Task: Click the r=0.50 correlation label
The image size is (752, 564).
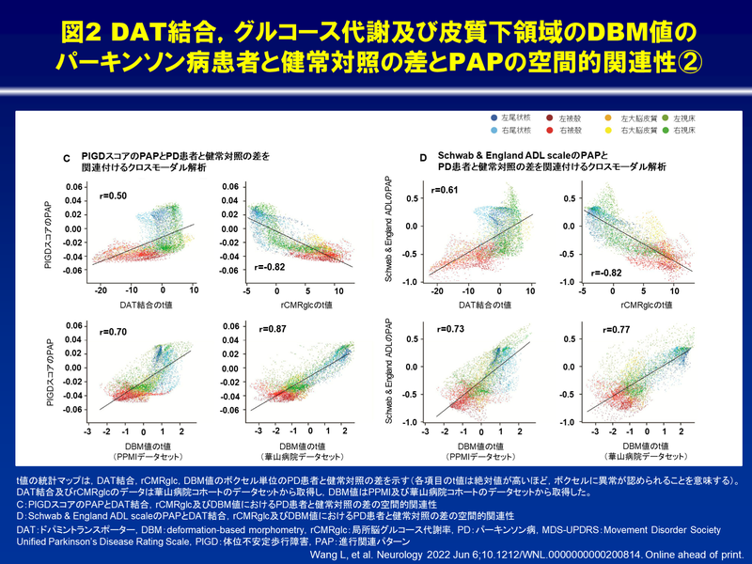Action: pos(115,196)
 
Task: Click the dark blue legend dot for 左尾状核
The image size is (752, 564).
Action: pos(494,117)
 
